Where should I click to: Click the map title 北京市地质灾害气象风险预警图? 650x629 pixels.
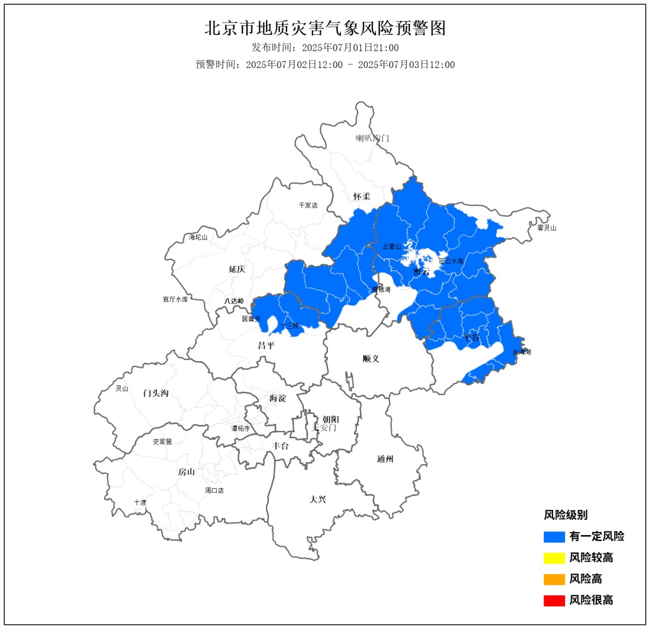[x=325, y=28]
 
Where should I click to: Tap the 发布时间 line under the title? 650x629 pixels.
[x=325, y=48]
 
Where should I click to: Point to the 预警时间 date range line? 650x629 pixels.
[x=325, y=65]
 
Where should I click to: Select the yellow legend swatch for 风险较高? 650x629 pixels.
[x=554, y=558]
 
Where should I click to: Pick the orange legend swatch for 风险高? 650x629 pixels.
[x=554, y=579]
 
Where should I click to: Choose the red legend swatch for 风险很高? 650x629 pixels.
[x=554, y=600]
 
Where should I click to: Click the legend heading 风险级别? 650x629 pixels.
[x=566, y=515]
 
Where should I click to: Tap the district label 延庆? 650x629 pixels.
[x=237, y=269]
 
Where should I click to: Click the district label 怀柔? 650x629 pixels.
[x=362, y=197]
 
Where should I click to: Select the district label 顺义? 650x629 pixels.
[x=371, y=359]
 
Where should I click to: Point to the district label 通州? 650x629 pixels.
[x=385, y=459]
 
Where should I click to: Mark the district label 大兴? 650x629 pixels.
[x=318, y=499]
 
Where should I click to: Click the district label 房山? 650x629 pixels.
[x=186, y=472]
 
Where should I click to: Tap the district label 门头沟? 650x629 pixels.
[x=156, y=393]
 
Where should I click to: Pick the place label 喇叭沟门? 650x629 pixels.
[x=372, y=138]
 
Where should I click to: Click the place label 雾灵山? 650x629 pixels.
[x=546, y=228]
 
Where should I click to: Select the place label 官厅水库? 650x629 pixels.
[x=175, y=299]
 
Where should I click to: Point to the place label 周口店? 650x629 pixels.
[x=214, y=491]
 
